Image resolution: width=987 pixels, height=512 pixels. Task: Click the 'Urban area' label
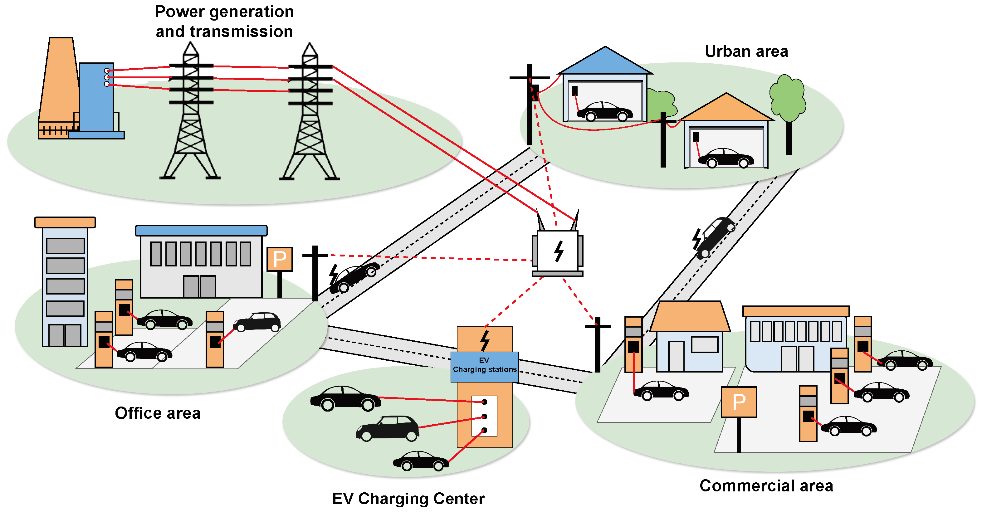[746, 51]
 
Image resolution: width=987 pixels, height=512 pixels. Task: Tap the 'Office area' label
[158, 413]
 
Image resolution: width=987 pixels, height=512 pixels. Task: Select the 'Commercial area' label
[766, 485]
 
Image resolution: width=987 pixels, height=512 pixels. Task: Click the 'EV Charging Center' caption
[408, 499]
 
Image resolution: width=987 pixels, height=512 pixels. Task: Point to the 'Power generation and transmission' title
[224, 22]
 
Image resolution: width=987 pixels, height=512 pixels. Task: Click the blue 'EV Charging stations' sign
[484, 366]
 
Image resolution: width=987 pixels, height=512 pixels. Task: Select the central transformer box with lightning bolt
[558, 251]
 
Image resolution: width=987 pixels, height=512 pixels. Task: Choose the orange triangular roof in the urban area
[726, 109]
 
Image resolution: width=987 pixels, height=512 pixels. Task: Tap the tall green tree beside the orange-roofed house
[787, 100]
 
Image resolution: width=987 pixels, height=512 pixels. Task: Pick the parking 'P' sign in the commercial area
[738, 402]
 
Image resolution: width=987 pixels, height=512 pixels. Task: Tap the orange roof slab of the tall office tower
[65, 222]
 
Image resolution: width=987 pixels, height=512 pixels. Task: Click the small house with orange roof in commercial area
[689, 337]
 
